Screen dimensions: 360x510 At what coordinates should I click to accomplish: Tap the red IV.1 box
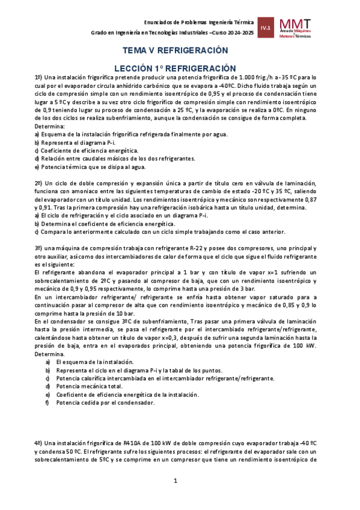coord(266,28)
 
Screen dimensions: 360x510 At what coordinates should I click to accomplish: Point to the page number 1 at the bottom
coord(175,481)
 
